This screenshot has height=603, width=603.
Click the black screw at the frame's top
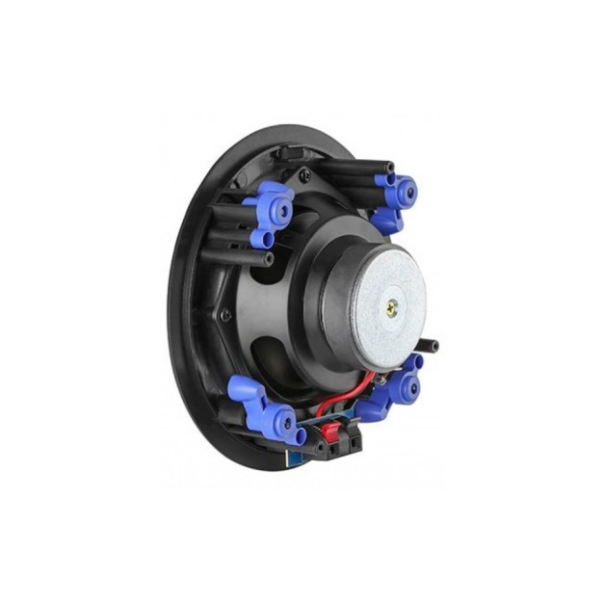coord(304,175)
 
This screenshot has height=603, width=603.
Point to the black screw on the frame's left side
coord(225,314)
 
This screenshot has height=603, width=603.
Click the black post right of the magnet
coord(430,345)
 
